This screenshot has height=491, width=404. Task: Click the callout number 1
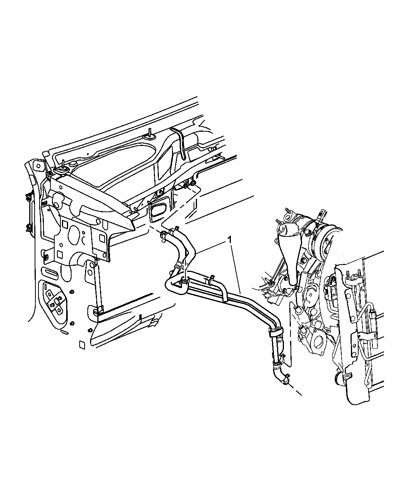coord(230,240)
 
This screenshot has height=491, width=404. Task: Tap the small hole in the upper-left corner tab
coord(37,166)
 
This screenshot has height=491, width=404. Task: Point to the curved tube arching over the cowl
coord(179,143)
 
